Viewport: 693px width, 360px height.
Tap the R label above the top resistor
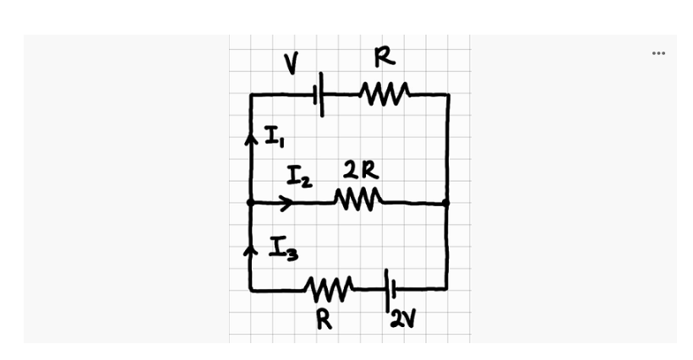tap(385, 58)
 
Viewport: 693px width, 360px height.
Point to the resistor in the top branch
tap(385, 91)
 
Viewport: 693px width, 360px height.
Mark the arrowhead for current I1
tap(250, 140)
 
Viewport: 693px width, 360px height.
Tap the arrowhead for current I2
tap(286, 203)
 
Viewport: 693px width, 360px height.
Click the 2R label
tap(361, 172)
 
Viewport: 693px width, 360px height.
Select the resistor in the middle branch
tap(359, 201)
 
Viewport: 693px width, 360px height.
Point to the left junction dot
tap(250, 203)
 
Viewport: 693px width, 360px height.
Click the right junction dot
tap(447, 203)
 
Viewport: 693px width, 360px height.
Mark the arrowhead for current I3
tap(250, 251)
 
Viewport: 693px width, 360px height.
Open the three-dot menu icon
tap(658, 53)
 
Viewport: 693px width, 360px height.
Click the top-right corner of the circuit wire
tap(448, 95)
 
